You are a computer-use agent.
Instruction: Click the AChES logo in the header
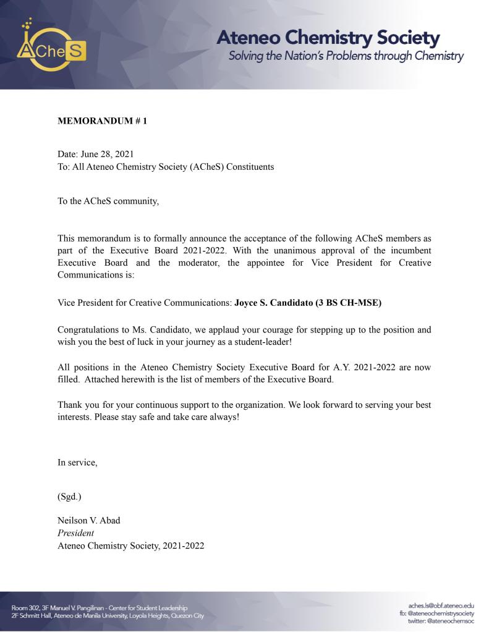pos(51,48)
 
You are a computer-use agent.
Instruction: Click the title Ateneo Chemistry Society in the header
pos(328,38)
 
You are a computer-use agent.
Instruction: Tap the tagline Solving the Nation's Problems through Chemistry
pos(346,57)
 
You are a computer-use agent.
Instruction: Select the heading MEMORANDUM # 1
pos(102,121)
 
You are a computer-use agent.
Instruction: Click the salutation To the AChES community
pos(108,202)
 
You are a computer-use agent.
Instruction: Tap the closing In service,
pos(77,462)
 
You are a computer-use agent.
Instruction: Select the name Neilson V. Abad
pos(89,520)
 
